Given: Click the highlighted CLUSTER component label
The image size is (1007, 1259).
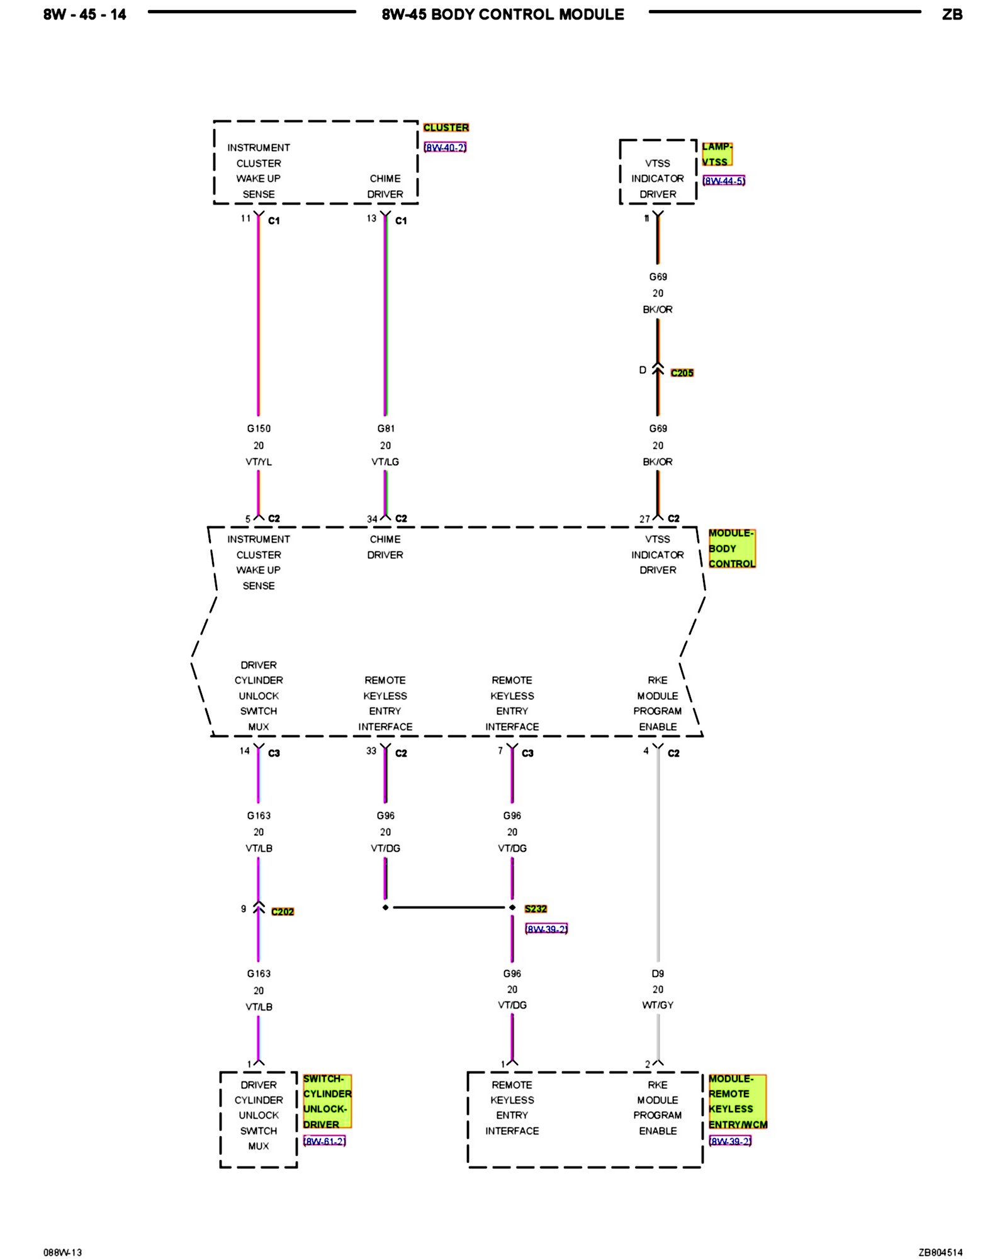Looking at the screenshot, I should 446,127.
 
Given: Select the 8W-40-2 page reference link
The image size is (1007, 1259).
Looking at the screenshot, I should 445,147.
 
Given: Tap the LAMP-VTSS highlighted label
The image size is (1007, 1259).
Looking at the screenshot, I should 717,154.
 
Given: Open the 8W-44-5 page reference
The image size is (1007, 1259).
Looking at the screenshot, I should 724,181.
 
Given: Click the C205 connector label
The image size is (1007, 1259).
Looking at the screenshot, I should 682,373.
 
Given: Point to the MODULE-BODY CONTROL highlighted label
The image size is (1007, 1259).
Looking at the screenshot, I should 731,548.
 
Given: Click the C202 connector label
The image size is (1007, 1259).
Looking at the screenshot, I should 283,912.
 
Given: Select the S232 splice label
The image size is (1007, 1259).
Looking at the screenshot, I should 536,908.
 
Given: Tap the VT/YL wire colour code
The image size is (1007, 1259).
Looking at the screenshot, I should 259,462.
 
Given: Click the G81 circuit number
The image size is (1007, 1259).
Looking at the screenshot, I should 386,429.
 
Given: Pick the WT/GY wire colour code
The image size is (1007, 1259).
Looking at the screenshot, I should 658,1005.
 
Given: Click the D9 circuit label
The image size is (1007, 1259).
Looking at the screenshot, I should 658,973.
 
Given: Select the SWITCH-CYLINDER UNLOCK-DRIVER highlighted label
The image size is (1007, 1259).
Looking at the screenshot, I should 327,1102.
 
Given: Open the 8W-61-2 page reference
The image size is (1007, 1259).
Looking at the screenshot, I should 324,1141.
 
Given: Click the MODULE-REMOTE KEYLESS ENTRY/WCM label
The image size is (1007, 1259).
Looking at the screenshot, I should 737,1102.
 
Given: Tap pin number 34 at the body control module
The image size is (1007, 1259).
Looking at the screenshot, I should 372,519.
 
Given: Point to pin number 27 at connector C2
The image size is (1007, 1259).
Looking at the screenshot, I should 644,519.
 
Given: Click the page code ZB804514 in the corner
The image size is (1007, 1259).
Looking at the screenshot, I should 940,1252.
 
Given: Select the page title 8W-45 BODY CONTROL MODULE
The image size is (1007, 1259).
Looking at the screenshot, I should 503,14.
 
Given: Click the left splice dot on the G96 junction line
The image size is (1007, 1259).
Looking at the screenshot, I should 386,908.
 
